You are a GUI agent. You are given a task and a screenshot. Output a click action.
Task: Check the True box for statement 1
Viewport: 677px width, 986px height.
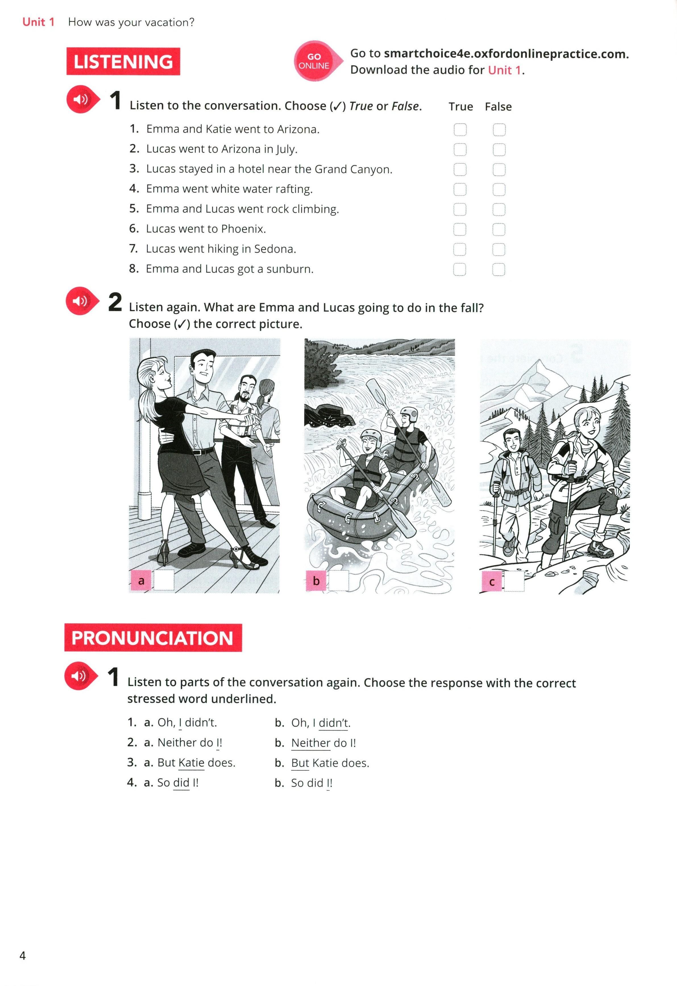460,130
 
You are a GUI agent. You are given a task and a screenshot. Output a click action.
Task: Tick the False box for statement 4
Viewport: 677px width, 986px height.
499,189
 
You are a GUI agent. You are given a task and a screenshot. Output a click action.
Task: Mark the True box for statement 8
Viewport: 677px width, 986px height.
460,269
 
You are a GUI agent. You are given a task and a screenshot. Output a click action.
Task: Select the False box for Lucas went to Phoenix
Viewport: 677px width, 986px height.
499,229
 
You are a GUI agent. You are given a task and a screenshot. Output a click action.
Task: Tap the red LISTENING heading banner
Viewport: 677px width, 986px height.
123,62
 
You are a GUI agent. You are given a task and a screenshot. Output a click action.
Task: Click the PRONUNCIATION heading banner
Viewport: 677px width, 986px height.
153,638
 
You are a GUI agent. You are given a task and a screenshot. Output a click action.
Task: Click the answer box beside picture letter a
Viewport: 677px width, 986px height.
164,580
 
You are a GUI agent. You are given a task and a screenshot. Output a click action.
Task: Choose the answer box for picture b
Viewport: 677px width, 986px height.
339,580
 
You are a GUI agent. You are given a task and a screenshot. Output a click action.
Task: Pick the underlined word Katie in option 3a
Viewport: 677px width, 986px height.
192,763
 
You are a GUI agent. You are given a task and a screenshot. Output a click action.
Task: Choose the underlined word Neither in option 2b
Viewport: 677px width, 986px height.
311,743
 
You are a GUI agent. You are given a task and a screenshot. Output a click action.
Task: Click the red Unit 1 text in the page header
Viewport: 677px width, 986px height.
39,22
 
